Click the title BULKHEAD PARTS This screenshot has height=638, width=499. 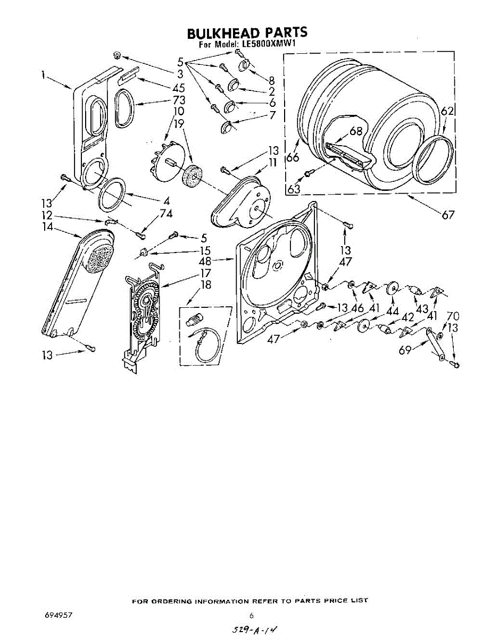[247, 33]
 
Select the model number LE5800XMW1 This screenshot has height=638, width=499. [264, 45]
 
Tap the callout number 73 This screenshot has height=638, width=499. [179, 100]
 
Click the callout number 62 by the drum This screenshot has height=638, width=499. [448, 112]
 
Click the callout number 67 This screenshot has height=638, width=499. [448, 214]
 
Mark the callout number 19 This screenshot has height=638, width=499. [179, 123]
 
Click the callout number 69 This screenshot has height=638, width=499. [406, 350]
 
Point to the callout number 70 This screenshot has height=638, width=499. [453, 316]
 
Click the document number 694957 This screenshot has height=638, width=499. [59, 615]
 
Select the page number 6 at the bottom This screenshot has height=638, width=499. [251, 616]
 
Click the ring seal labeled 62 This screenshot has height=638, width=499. [435, 156]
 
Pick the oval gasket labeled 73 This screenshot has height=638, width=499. [124, 108]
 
